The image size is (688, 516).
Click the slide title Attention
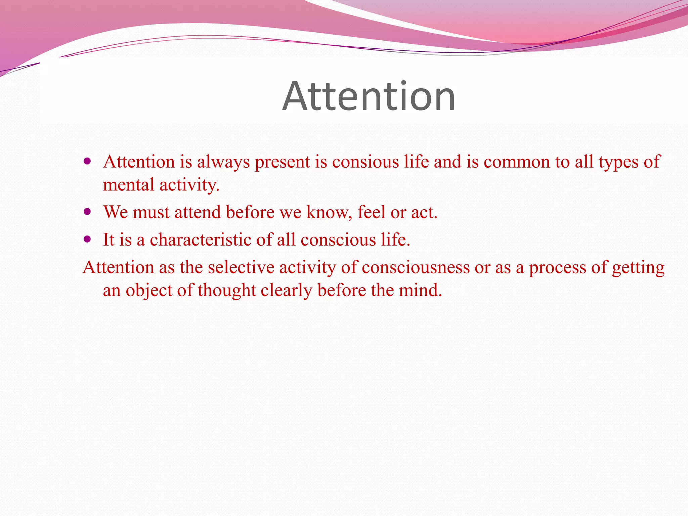pyautogui.click(x=369, y=96)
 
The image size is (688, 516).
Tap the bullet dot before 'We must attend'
pyautogui.click(x=88, y=212)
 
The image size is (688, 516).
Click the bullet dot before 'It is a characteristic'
pyautogui.click(x=88, y=240)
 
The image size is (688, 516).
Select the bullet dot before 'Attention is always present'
pyautogui.click(x=88, y=162)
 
